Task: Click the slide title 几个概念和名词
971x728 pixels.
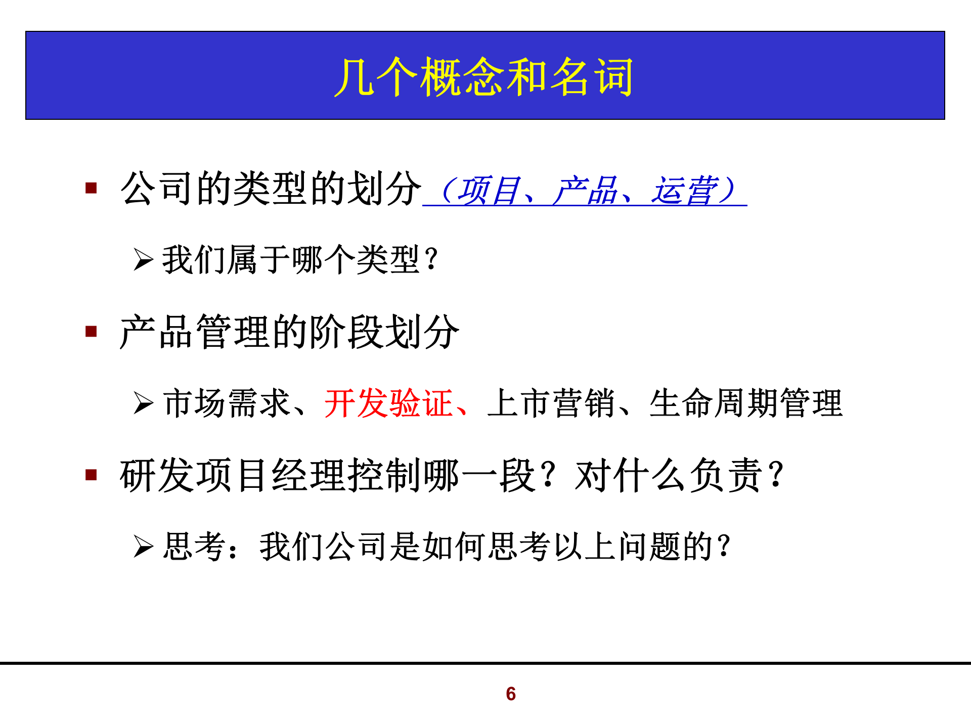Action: pyautogui.click(x=484, y=76)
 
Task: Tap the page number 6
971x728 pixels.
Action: pyautogui.click(x=511, y=694)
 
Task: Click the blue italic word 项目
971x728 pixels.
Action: pyautogui.click(x=488, y=191)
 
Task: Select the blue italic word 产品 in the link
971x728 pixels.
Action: pyautogui.click(x=585, y=191)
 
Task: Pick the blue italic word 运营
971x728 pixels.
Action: pyautogui.click(x=684, y=191)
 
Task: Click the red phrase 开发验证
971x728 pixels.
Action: pyautogui.click(x=388, y=403)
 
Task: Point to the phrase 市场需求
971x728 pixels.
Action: pyautogui.click(x=227, y=403)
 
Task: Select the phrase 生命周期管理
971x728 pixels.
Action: pyautogui.click(x=746, y=403)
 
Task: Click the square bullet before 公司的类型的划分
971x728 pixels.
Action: pyautogui.click(x=91, y=189)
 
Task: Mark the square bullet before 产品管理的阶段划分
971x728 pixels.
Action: pyautogui.click(x=91, y=332)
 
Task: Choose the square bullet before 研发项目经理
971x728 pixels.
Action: pyautogui.click(x=91, y=475)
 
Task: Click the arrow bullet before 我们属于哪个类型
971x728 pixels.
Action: pyautogui.click(x=143, y=260)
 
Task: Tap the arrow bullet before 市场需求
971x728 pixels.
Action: pyautogui.click(x=143, y=403)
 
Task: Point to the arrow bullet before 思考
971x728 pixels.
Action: pyautogui.click(x=143, y=547)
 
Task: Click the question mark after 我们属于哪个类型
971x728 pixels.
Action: pyautogui.click(x=431, y=260)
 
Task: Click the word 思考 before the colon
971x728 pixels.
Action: pyautogui.click(x=195, y=547)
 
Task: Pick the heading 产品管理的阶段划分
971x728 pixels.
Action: pyautogui.click(x=289, y=332)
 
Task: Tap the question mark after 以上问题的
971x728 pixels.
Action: pyautogui.click(x=724, y=547)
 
